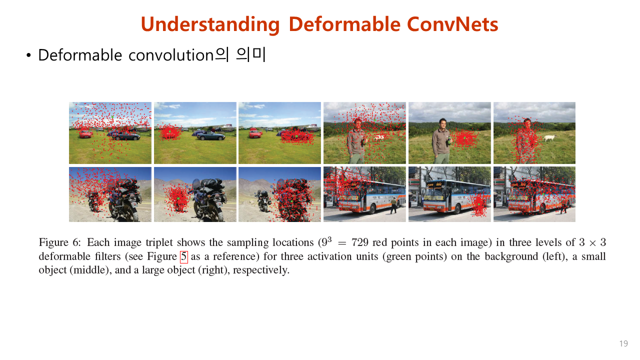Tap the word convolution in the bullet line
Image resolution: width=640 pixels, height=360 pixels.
(171, 55)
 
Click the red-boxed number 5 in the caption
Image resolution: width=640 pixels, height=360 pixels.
(183, 257)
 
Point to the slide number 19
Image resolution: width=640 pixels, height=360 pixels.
(623, 343)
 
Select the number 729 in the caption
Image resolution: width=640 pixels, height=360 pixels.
(360, 243)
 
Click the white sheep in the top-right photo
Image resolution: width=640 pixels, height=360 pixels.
(549, 137)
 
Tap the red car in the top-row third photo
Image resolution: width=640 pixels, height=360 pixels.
(255, 133)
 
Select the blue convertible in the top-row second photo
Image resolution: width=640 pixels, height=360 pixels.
(210, 135)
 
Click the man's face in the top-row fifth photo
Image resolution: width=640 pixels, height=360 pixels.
(442, 123)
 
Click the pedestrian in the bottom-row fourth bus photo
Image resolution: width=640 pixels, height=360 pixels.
(393, 204)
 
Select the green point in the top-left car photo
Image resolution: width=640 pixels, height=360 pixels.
(112, 117)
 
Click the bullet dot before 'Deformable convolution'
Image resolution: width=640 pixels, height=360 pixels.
(28, 55)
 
